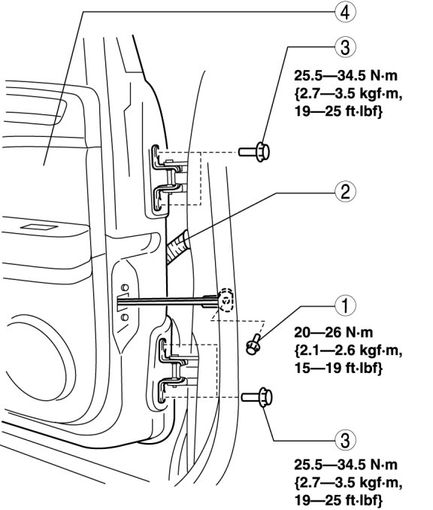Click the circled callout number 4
[345, 12]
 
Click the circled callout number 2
[345, 192]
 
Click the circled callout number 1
[345, 305]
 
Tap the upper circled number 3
[345, 47]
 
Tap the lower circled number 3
[345, 440]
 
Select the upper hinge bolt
[255, 151]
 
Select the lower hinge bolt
[257, 397]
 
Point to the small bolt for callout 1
[253, 345]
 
